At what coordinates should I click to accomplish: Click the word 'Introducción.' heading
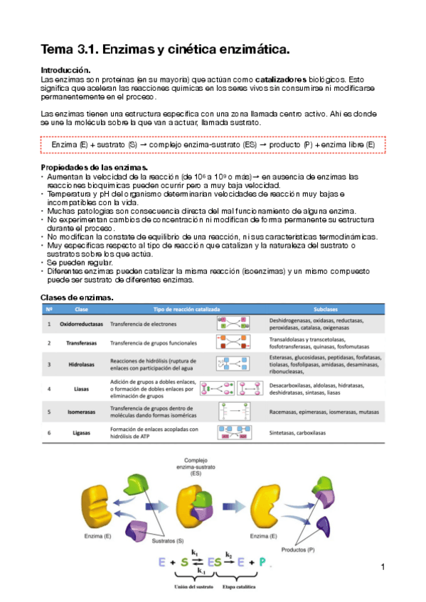point(65,70)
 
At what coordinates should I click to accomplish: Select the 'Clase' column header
point(81,310)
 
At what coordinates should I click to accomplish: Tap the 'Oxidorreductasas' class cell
point(78,324)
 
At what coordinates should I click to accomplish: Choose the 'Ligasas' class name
point(81,432)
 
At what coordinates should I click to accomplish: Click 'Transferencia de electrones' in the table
point(144,324)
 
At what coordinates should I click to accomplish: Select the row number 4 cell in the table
point(49,389)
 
